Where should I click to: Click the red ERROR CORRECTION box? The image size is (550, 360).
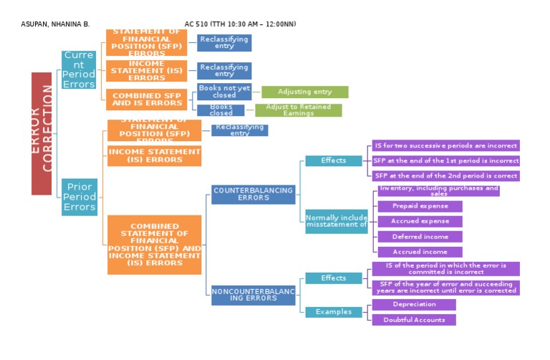point(42,133)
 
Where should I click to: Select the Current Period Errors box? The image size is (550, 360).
point(79,70)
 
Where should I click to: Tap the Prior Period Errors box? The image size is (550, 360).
point(79,197)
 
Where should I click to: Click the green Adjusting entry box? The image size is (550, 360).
point(304,92)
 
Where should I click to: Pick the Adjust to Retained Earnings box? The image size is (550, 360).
point(298,110)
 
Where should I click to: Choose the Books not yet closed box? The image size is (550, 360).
point(224,92)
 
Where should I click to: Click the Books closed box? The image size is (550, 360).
point(221,110)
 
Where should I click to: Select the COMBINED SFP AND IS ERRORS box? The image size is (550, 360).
point(147,99)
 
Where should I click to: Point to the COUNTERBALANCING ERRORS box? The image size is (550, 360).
point(254,195)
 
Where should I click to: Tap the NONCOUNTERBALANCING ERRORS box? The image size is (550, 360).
point(254,295)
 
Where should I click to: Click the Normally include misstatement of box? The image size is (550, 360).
point(337,221)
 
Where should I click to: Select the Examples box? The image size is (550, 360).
point(334,312)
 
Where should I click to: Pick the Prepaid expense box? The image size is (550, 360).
point(420,206)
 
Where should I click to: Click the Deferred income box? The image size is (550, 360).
point(420,237)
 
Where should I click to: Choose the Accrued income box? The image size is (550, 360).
point(420,252)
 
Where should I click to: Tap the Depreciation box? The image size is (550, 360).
point(414,305)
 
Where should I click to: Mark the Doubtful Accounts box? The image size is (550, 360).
point(414,320)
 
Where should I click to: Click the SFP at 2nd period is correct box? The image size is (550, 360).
point(445,176)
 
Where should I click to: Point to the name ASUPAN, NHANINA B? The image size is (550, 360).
point(55,24)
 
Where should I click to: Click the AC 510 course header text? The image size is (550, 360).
point(240,24)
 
